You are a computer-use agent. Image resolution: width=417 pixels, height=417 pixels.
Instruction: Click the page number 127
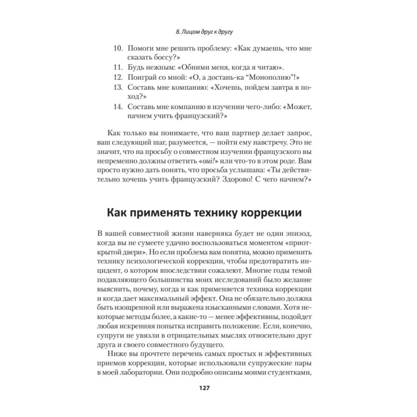pos(204,387)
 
